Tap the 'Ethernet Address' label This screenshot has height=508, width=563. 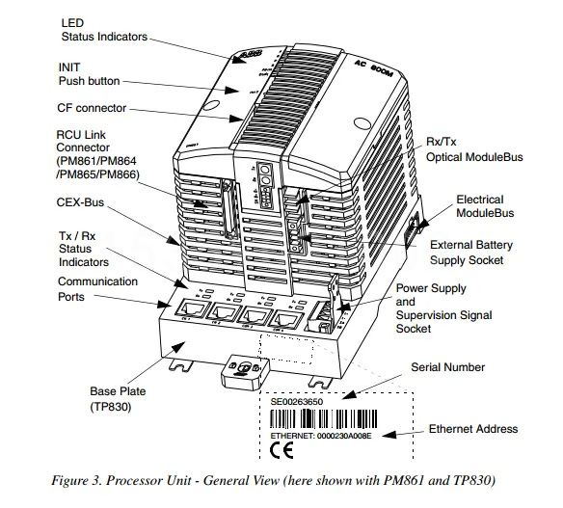473,428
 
